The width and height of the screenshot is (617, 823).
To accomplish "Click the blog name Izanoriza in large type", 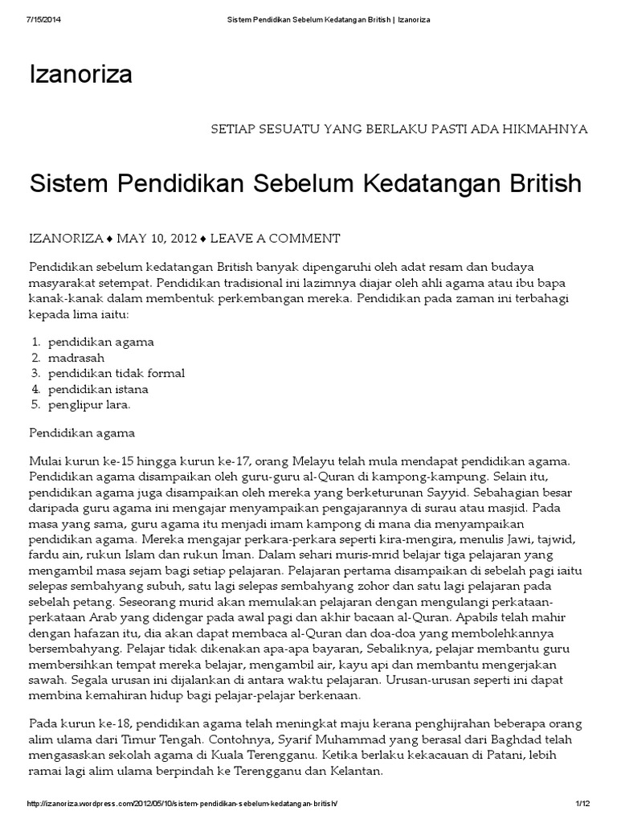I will coord(80,76).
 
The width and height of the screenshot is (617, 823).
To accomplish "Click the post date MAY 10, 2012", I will coord(157,239).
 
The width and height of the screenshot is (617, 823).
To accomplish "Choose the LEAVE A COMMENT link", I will coord(276,239).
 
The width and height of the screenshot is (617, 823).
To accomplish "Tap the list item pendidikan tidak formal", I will coord(116,374).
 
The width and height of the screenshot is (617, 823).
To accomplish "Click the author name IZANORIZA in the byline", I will coord(67,239).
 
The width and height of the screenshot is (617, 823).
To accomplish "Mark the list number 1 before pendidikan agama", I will coord(35,342).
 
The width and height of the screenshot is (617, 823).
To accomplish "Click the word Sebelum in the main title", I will coord(298,183).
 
